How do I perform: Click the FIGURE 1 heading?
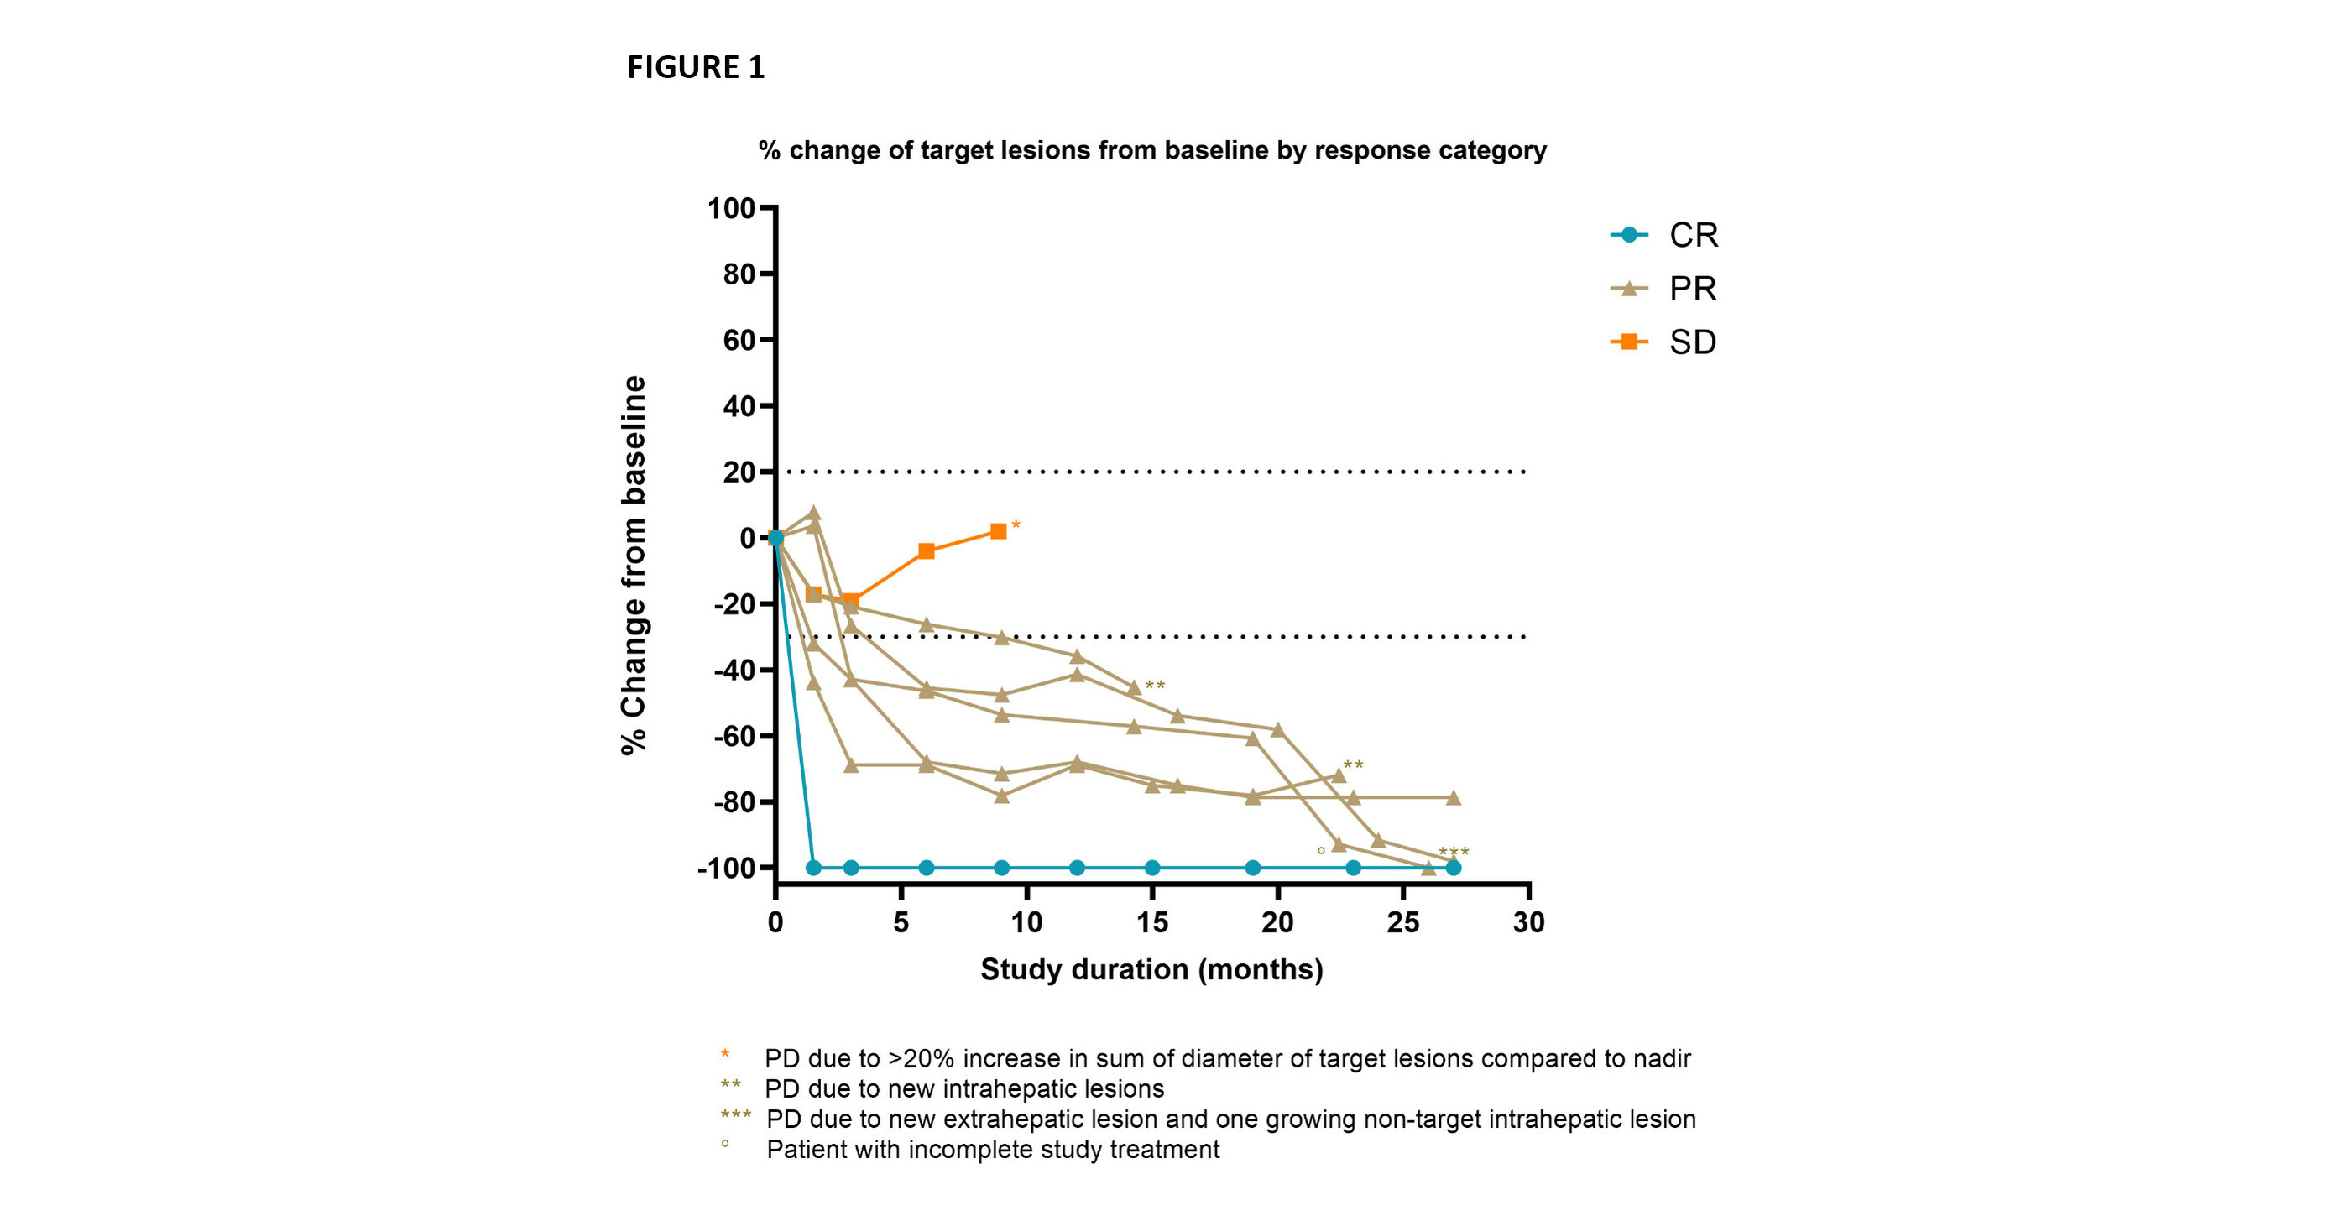coord(696,67)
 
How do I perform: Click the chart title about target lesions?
coord(1151,150)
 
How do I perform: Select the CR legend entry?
coord(1664,236)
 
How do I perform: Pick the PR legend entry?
coord(1664,289)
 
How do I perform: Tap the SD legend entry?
coord(1664,342)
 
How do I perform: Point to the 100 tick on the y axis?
coord(731,209)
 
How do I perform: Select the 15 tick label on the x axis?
coord(1151,923)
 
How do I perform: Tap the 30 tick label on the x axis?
coord(1528,923)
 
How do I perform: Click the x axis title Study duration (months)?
coord(1151,970)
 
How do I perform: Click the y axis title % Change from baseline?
coord(634,564)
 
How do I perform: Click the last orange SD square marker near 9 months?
coord(999,532)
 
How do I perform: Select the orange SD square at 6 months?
coord(926,551)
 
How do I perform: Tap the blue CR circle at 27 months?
coord(1454,868)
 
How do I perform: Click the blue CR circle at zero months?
coord(775,538)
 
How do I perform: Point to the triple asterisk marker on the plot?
coord(1454,853)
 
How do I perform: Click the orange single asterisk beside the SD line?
coord(1016,525)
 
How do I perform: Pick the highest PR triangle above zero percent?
coord(813,513)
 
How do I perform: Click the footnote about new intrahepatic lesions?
coord(964,1088)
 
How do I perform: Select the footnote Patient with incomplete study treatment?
coord(992,1150)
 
